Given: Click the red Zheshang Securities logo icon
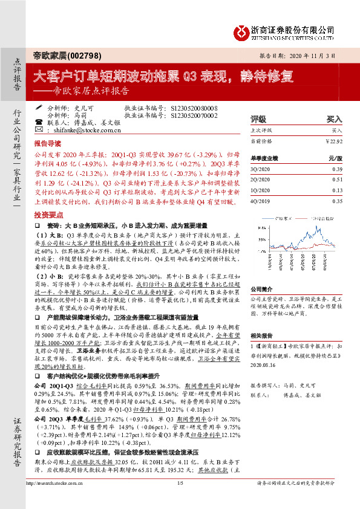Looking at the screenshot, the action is (x=243, y=31).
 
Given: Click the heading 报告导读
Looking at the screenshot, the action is (x=47, y=144).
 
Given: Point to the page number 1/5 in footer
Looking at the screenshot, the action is (x=180, y=499).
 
